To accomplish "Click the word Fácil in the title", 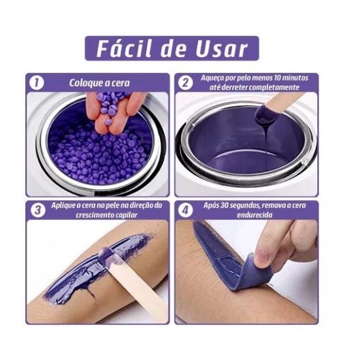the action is click(125, 48).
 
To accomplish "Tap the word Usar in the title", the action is click(222, 49).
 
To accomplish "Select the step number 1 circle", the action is click(37, 82).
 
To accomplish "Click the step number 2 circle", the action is click(185, 82).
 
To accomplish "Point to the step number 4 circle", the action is click(185, 210).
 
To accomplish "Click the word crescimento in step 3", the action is click(93, 215).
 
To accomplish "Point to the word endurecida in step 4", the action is click(255, 215).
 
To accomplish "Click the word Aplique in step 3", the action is click(63, 206).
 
